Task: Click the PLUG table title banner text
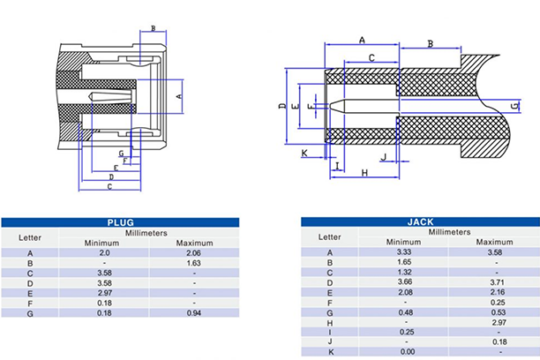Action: point(120,223)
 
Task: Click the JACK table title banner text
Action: point(419,222)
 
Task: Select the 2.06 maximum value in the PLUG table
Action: point(194,253)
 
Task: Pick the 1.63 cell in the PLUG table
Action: point(194,263)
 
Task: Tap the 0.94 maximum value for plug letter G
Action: point(194,313)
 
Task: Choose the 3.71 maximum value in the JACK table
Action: point(494,282)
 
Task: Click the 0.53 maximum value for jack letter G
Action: point(494,311)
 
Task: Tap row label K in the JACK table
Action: point(330,351)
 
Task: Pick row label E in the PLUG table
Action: point(30,293)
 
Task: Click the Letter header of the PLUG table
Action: point(30,237)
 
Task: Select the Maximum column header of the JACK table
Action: point(494,242)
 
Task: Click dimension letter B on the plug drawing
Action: point(153,29)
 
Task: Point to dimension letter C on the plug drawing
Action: point(109,186)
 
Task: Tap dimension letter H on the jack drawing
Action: point(364,173)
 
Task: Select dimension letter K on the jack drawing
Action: point(304,154)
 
